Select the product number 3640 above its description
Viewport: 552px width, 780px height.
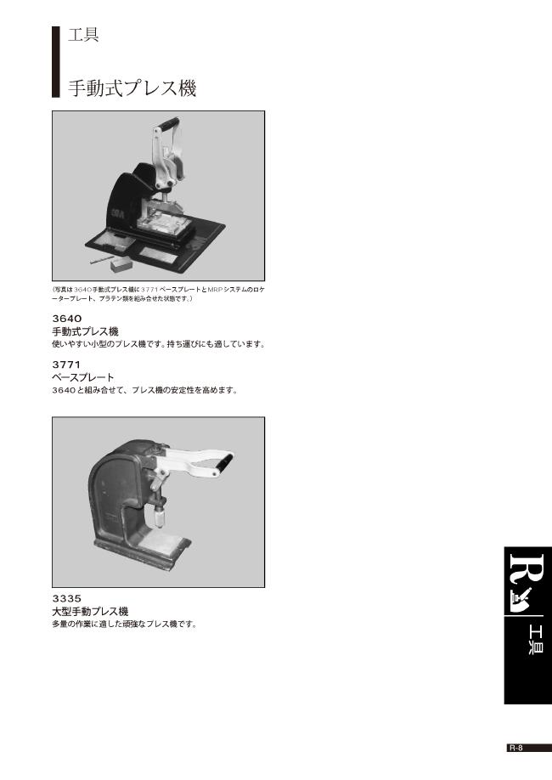[x=67, y=319]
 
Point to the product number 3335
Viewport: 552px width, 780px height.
[x=67, y=598]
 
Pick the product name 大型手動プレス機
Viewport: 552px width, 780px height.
[x=90, y=611]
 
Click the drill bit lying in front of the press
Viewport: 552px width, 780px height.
[x=99, y=253]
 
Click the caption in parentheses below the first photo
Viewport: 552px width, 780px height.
[x=158, y=294]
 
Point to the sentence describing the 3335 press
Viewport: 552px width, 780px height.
[x=124, y=625]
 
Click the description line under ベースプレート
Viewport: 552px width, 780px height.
[x=144, y=390]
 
